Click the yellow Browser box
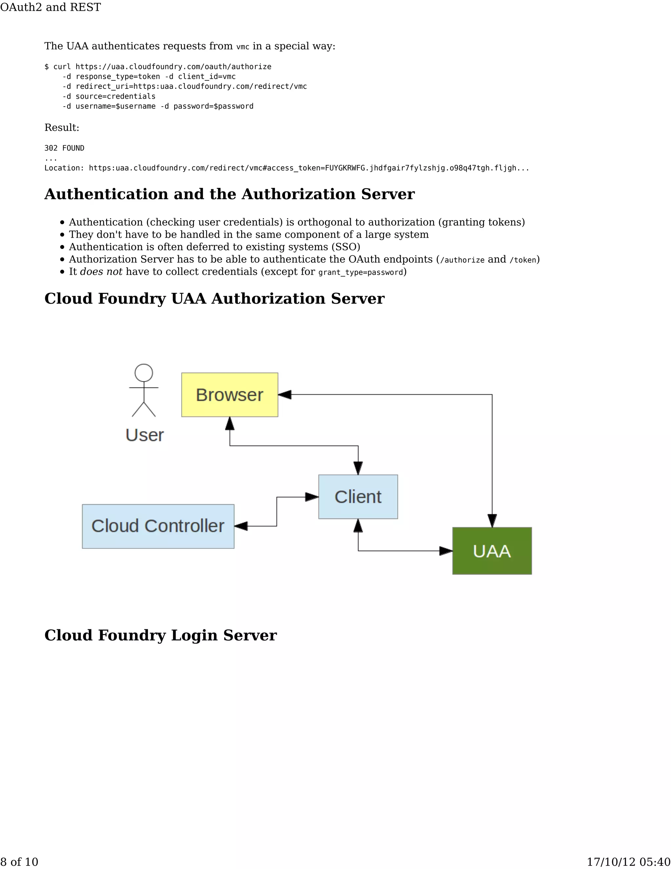229,395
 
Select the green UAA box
492,551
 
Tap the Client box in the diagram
358,496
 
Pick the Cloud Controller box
158,526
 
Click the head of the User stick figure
144,373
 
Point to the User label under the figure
145,435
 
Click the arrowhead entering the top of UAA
492,520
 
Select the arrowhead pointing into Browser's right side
285,395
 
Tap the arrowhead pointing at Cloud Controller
241,526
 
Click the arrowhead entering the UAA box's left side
446,551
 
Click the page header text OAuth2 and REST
50,7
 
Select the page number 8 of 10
19,862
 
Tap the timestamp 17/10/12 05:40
628,862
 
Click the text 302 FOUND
65,148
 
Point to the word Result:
62,127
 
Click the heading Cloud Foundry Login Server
160,635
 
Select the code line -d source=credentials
109,96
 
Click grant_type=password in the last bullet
360,272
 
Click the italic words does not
101,272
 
